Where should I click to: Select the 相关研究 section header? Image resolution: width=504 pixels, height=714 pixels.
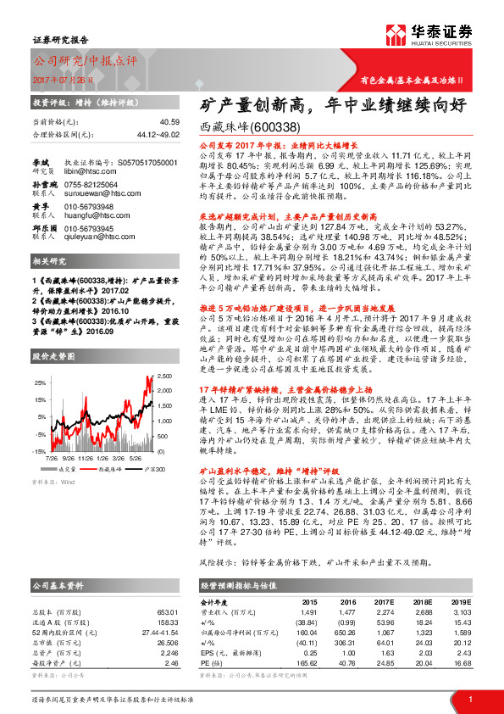48,263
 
